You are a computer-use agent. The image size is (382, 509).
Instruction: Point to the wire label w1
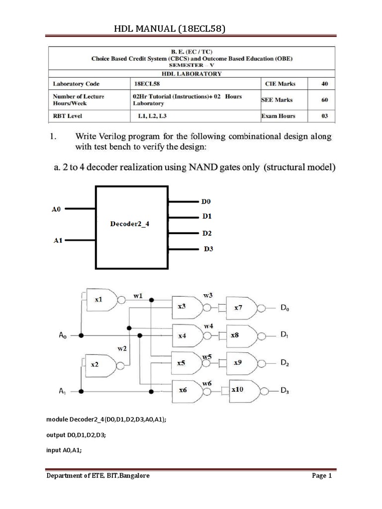pyautogui.click(x=138, y=296)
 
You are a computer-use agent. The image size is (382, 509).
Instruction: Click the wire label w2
pyautogui.click(x=122, y=349)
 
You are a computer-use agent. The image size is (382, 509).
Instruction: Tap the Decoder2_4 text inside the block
pyautogui.click(x=129, y=224)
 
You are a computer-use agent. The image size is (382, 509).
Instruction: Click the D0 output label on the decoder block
pyautogui.click(x=206, y=202)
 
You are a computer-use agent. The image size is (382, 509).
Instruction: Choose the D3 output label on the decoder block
pyautogui.click(x=208, y=249)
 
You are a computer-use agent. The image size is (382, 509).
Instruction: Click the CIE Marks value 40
pyautogui.click(x=324, y=84)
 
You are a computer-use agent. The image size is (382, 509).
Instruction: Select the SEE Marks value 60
pyautogui.click(x=324, y=100)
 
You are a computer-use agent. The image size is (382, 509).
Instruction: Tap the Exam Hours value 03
pyautogui.click(x=324, y=116)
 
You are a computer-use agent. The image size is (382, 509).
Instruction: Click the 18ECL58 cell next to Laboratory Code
pyautogui.click(x=146, y=84)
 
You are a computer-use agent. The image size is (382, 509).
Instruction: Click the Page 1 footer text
pyautogui.click(x=322, y=476)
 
